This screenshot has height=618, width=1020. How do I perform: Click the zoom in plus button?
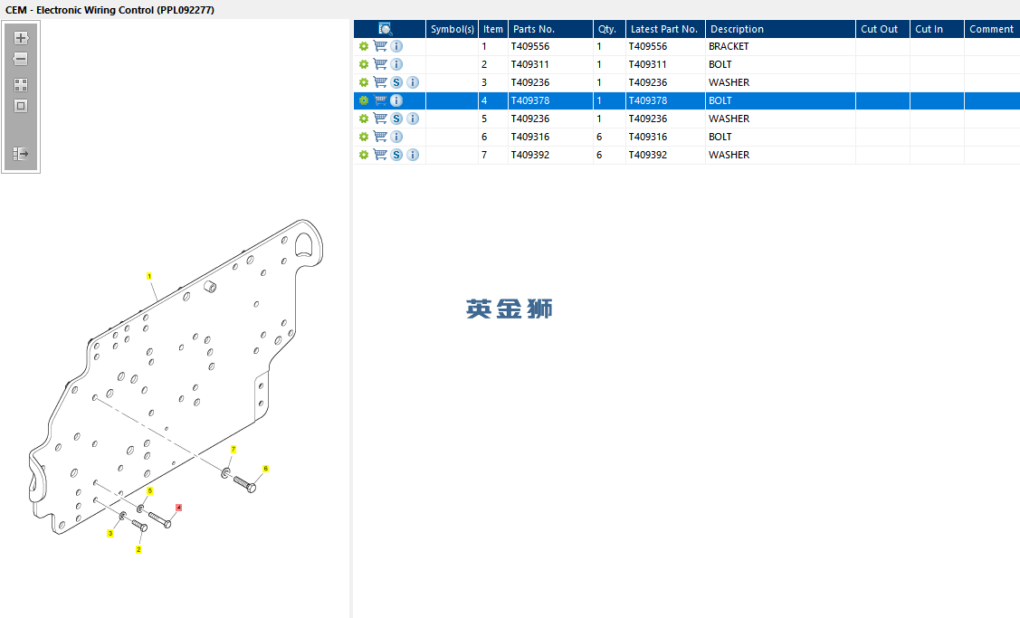click(21, 38)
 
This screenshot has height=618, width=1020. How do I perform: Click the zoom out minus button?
click(21, 59)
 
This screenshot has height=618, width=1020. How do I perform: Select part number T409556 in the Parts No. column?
click(530, 46)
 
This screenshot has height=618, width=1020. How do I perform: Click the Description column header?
click(737, 29)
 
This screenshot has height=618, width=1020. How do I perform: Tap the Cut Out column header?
click(879, 29)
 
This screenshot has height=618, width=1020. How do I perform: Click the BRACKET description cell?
click(729, 46)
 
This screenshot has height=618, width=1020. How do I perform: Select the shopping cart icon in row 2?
click(380, 64)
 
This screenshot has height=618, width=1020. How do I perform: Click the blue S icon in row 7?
click(396, 155)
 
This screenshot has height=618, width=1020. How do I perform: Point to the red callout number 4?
click(178, 508)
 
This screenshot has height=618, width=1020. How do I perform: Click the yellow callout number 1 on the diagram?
click(149, 277)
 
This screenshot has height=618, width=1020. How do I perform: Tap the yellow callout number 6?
click(265, 469)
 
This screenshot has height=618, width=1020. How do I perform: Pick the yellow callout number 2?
click(138, 550)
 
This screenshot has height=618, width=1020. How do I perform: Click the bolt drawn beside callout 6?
click(244, 484)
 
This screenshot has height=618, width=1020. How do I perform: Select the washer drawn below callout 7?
click(225, 473)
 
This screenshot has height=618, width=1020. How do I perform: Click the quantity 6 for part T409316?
click(599, 137)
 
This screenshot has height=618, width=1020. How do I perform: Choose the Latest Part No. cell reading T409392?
click(647, 155)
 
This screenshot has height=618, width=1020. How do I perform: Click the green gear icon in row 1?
click(364, 46)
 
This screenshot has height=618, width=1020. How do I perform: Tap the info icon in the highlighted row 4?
click(396, 100)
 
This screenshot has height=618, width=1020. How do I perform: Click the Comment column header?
click(991, 29)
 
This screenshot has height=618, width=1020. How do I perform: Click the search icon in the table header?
click(386, 29)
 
